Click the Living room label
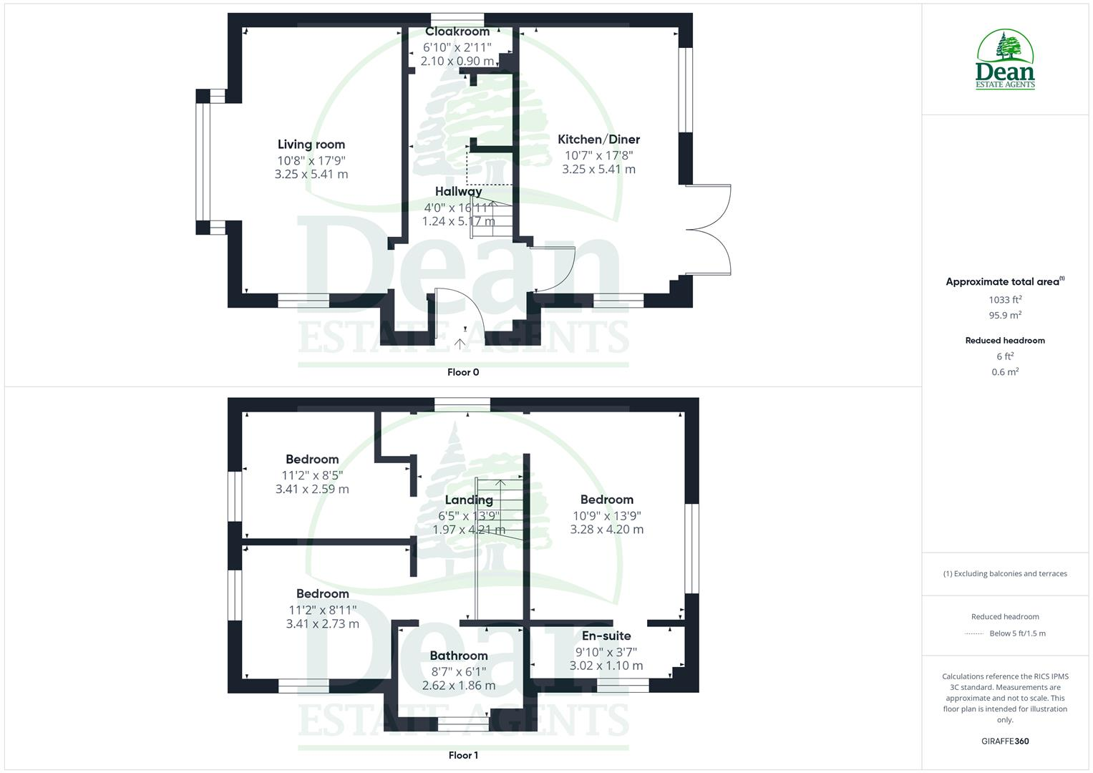[311, 145]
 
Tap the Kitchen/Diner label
[598, 140]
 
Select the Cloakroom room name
[457, 31]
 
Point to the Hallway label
[458, 192]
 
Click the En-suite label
[606, 636]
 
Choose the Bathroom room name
[459, 656]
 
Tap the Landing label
[469, 500]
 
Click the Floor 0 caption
[463, 372]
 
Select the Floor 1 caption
[463, 755]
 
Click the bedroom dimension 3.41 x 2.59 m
[312, 490]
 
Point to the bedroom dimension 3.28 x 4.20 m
[607, 530]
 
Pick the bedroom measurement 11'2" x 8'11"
[322, 610]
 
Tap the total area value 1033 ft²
[1005, 300]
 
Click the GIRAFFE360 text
[1005, 742]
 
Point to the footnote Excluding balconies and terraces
[1005, 573]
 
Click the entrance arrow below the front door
[460, 344]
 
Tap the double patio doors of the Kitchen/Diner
[709, 230]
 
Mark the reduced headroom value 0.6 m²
[1005, 371]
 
